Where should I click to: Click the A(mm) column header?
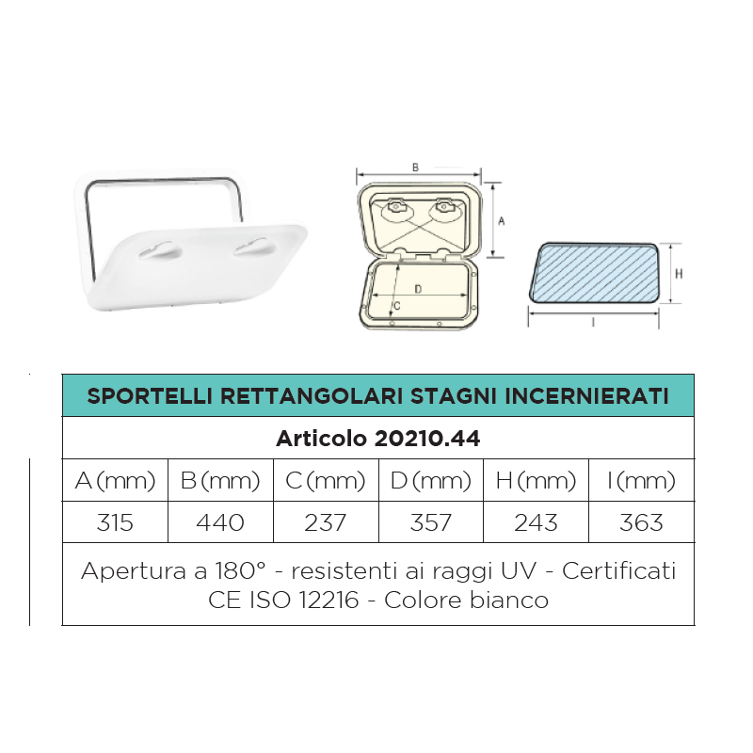point(115,481)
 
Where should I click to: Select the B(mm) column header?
point(220,481)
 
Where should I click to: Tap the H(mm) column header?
point(536,481)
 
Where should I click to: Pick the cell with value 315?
point(115,522)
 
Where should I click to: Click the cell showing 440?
point(220,522)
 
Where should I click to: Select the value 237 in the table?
point(326,522)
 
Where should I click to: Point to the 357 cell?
point(431,522)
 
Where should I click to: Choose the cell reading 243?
point(536,522)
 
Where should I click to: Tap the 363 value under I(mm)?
point(641,522)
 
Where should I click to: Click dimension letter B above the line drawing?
point(415,167)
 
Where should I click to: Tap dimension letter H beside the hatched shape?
point(679,273)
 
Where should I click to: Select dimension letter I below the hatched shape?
point(594,323)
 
